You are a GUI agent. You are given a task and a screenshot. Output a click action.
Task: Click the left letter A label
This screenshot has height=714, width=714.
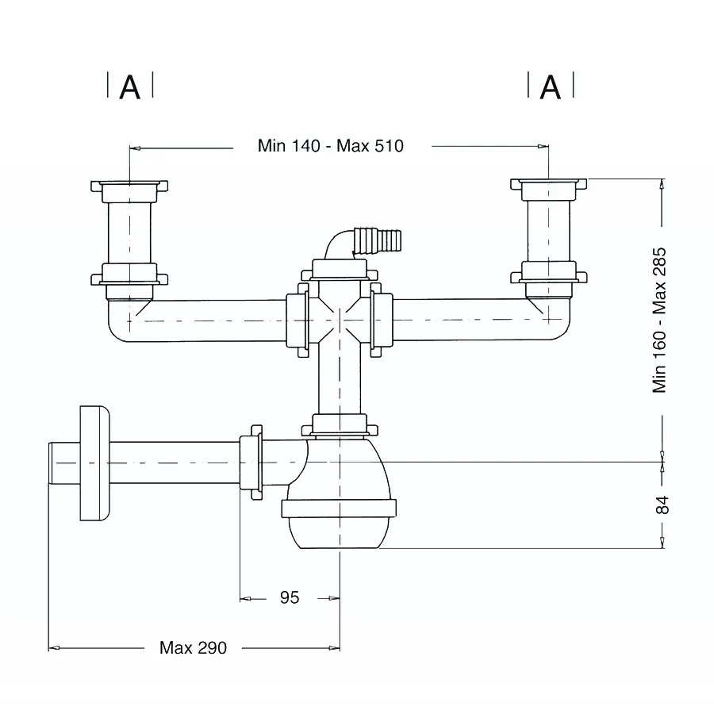coord(130,87)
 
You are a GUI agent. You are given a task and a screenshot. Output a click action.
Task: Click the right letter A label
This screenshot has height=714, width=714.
coord(550,87)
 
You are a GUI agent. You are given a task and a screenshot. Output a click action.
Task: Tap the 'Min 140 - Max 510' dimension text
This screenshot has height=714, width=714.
coord(331,146)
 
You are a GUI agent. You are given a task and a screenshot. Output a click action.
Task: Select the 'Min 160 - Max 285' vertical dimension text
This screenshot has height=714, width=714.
coord(659,321)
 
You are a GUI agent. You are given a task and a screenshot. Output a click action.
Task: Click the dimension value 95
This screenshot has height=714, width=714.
coord(290,597)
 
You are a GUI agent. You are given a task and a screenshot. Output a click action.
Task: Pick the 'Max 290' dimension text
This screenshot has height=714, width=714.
coord(193,647)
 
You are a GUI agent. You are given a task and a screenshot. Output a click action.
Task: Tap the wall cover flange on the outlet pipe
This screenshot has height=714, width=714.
coord(94,463)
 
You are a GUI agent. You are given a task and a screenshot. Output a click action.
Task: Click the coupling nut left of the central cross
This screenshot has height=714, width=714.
coord(297,321)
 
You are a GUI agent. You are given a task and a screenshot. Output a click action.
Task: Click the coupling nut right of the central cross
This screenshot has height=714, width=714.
coord(381,321)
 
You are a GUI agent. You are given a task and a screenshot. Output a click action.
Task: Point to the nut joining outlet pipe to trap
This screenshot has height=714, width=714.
coord(251,463)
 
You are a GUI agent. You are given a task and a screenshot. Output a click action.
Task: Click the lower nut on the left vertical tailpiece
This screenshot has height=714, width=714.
coord(129,274)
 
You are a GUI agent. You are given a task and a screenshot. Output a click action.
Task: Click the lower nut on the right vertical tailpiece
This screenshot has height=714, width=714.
coord(549,273)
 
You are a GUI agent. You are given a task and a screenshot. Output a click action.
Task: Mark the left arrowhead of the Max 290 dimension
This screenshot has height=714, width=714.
coord(54,647)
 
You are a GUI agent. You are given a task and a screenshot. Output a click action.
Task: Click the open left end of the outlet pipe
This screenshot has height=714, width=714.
coord(49,463)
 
